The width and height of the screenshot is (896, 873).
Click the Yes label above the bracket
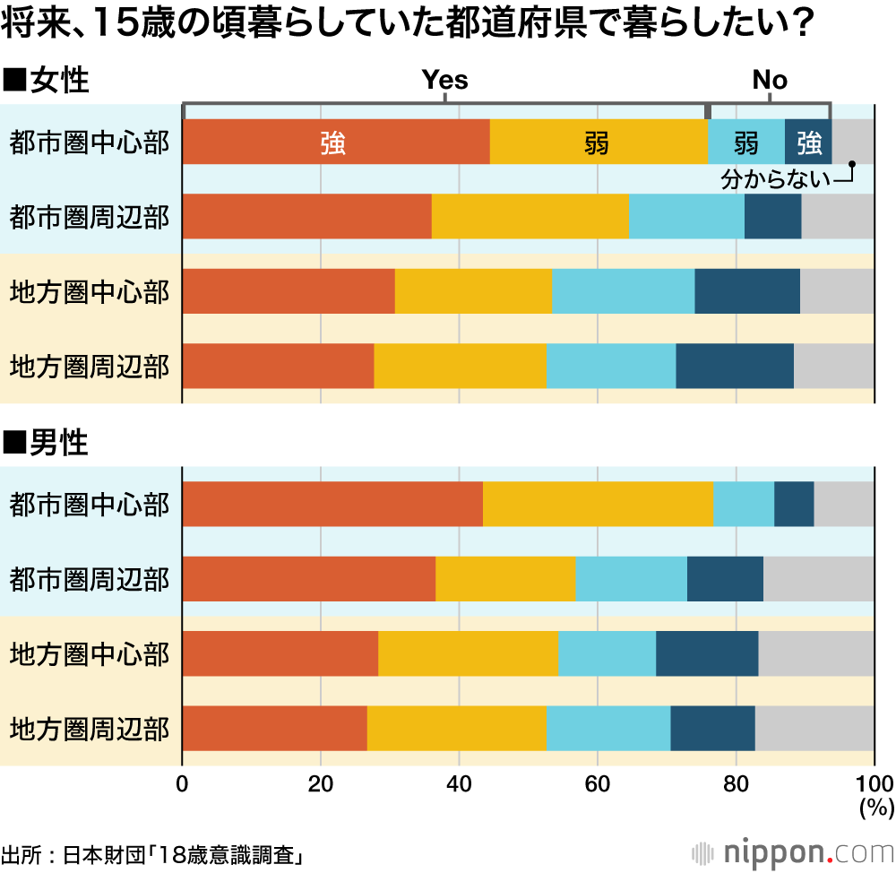(445, 81)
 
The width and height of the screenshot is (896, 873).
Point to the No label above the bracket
(770, 81)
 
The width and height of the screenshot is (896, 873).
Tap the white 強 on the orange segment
(332, 143)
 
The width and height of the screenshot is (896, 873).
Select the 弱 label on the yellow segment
(597, 143)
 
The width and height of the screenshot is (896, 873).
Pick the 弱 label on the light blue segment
(745, 143)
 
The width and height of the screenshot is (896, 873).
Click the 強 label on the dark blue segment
(808, 143)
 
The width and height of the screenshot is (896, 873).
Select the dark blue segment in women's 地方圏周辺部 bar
(735, 366)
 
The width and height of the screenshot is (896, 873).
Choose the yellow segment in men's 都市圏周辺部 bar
(505, 578)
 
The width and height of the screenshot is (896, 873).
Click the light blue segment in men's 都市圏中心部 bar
(744, 504)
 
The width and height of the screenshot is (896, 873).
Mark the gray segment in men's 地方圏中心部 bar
(816, 653)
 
